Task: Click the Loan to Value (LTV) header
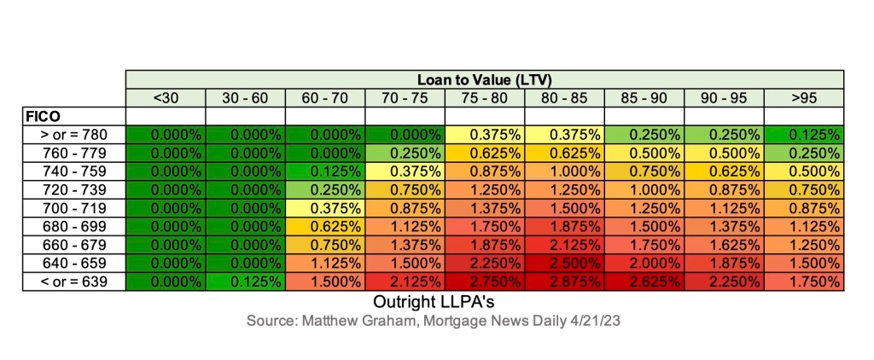tap(484, 79)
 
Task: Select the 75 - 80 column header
tap(484, 97)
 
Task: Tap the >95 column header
tap(803, 97)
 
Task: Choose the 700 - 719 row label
tap(73, 207)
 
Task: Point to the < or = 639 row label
tap(73, 281)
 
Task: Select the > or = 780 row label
tap(73, 134)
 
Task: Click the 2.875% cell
tap(564, 281)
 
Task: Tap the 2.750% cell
tap(484, 281)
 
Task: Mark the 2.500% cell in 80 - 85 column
tap(564, 263)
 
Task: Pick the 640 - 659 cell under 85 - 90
tap(644, 263)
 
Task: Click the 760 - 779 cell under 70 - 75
tap(405, 153)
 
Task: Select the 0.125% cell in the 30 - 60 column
tap(245, 281)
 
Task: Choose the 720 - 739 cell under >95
tap(803, 189)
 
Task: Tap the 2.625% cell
tap(644, 281)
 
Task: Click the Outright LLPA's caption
tap(435, 302)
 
